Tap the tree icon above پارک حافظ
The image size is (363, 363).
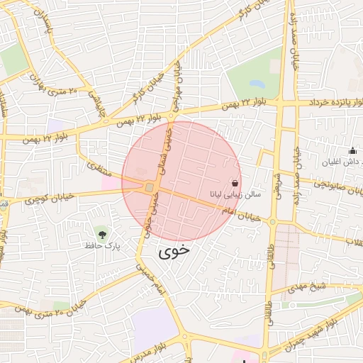104,233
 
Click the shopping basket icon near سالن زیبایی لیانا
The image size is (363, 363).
235,181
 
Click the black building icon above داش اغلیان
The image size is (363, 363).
352,150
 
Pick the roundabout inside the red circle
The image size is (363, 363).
149,187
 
